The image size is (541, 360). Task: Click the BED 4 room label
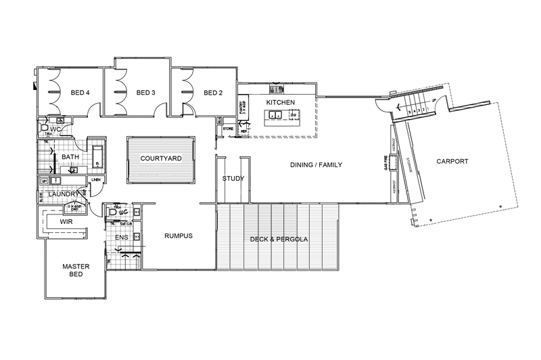[x=80, y=93]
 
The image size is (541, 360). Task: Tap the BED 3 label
[x=146, y=93]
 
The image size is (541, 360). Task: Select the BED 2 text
[x=213, y=93]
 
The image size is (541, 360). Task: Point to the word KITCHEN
[x=281, y=102]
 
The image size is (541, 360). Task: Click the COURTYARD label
[x=160, y=158]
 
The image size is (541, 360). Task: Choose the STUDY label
[x=233, y=179]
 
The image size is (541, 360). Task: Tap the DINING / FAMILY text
[x=316, y=164]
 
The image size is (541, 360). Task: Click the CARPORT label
[x=452, y=161]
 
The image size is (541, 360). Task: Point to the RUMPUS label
[x=179, y=236]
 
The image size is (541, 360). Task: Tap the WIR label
[x=66, y=221]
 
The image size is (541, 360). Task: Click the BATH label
[x=70, y=158]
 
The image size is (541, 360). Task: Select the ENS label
[x=122, y=238]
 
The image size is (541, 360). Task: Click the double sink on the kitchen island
[x=275, y=115]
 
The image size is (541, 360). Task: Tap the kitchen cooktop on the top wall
[x=277, y=89]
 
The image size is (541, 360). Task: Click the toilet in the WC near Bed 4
[x=45, y=127]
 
